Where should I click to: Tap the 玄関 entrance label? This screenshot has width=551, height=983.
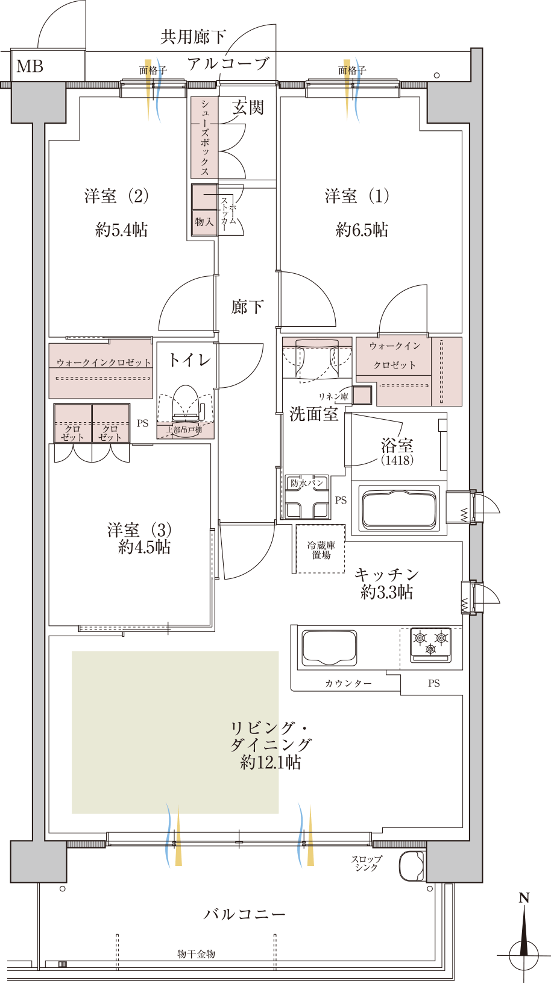pyautogui.click(x=248, y=107)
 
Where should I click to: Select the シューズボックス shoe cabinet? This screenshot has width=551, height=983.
pyautogui.click(x=204, y=137)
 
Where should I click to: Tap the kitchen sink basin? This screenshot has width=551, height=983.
pyautogui.click(x=329, y=649)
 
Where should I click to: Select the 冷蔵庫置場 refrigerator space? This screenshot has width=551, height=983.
pyautogui.click(x=321, y=549)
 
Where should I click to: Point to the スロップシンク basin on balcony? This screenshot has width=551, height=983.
pyautogui.click(x=412, y=866)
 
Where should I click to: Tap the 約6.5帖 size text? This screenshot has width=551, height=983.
pyautogui.click(x=362, y=230)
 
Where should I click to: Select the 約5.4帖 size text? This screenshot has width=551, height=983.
pyautogui.click(x=122, y=230)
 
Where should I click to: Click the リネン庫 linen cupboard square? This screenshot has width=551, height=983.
pyautogui.click(x=362, y=395)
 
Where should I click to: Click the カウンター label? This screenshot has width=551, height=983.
pyautogui.click(x=348, y=683)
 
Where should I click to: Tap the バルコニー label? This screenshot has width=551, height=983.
pyautogui.click(x=244, y=914)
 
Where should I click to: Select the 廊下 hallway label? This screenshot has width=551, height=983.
pyautogui.click(x=247, y=307)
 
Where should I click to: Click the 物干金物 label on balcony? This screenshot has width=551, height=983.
pyautogui.click(x=196, y=953)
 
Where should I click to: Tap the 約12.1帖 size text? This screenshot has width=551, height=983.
pyautogui.click(x=271, y=763)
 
